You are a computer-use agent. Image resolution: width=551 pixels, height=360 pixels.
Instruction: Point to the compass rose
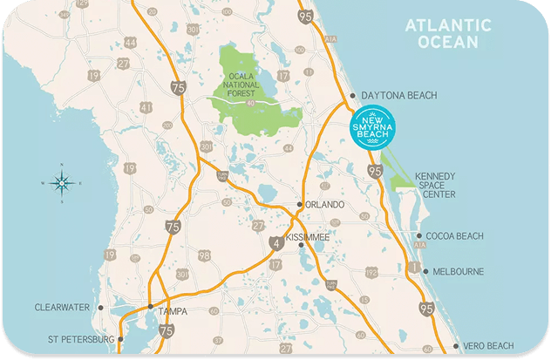61,183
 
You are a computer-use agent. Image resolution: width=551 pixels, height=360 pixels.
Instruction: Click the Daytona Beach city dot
352,95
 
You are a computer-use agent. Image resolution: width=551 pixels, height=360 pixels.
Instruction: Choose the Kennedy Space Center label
435,185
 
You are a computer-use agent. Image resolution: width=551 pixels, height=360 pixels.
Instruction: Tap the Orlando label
325,204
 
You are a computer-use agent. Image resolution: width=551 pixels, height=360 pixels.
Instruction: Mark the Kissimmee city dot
301,245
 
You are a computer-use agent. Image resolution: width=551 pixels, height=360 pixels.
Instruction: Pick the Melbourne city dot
425,271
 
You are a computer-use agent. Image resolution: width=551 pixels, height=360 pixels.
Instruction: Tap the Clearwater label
64,307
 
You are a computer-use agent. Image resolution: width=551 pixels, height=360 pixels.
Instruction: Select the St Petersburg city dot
120,339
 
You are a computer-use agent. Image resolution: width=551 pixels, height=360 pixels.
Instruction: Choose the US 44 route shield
130,42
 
